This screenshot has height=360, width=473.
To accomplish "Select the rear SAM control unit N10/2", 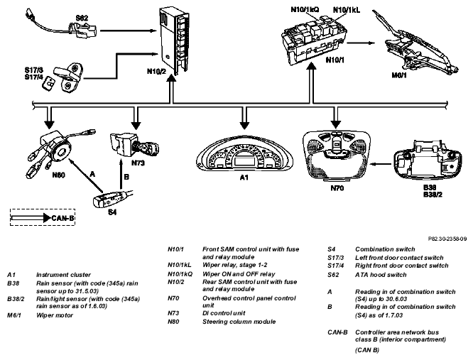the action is pos(175,40).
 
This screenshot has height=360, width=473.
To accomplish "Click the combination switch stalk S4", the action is pos(112,198).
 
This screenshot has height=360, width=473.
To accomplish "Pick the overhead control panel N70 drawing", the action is pos(335,156).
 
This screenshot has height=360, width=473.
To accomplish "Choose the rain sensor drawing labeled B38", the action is pos(428,160).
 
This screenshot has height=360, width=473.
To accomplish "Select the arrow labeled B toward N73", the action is pos(121,175).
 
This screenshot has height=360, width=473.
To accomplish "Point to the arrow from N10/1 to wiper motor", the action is pos(361,43).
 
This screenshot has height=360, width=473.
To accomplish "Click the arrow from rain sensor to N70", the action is pos(381,164).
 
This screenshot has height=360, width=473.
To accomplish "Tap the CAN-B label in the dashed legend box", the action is pos(62,218).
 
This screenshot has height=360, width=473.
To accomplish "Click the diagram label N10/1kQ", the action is pos(305,10).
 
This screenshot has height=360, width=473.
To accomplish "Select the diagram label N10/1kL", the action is pos(347,10).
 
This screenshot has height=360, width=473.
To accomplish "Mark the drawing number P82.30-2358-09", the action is pos(447,239).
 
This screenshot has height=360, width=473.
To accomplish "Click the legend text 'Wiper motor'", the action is pos(55,315).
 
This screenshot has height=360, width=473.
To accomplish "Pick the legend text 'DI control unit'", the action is pos(224,313).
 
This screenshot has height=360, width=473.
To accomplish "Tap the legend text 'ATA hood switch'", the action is pos(381,275).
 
